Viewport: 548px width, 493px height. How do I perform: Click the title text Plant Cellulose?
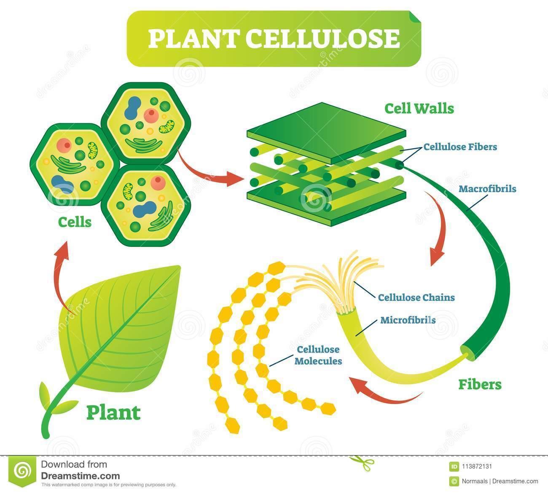pos(274,38)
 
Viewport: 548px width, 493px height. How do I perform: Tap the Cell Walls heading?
pos(419,109)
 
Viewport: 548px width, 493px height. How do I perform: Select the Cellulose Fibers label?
pos(460,147)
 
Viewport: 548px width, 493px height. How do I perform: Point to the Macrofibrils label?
pos(487,188)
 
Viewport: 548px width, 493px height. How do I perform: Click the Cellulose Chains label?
pos(416,297)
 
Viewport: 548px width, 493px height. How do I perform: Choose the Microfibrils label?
pos(408,320)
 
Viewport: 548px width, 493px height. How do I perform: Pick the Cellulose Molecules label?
pos(319,355)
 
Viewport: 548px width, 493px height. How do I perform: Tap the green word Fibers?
pos(480,384)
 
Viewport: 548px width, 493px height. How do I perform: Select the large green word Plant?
pos(113,413)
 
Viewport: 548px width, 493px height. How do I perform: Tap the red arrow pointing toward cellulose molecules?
pos(379,390)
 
